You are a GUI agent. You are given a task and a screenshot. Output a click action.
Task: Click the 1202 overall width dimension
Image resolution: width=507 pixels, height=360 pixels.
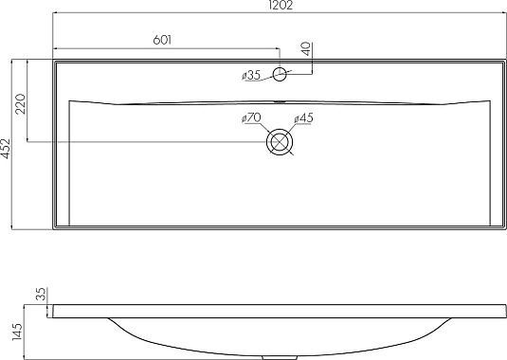(x=281, y=5)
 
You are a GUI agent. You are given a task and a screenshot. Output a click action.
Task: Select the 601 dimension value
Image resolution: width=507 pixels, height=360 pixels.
(x=162, y=40)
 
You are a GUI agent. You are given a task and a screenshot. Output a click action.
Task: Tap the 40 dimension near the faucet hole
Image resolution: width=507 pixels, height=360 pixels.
(x=306, y=49)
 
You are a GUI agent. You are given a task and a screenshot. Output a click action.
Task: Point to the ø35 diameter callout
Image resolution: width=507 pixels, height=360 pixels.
(x=251, y=76)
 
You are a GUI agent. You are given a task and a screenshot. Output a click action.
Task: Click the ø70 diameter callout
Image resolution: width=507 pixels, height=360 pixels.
(x=251, y=118)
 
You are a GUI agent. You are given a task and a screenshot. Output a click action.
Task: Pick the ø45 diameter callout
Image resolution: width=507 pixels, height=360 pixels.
(x=303, y=118)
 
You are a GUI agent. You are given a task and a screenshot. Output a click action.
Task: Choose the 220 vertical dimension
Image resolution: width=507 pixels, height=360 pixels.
(x=20, y=103)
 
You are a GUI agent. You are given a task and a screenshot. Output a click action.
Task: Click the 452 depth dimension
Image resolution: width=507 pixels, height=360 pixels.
(x=6, y=149)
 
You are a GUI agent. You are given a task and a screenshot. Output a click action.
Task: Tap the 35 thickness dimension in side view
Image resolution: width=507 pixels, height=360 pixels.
(x=42, y=294)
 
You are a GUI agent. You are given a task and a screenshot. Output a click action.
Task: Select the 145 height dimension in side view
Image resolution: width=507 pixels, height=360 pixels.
(x=16, y=332)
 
